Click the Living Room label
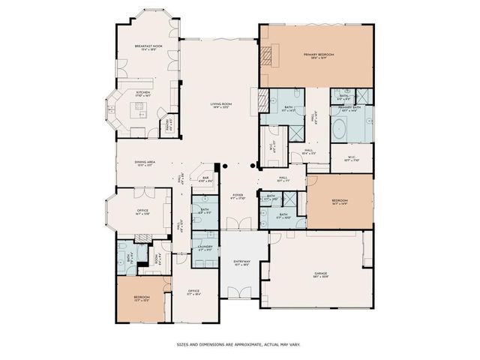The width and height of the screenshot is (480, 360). [x=220, y=105]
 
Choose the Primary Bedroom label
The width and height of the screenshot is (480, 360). [x=317, y=55]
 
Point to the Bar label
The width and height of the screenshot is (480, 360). [x=205, y=179]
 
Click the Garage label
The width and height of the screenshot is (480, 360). [x=320, y=274]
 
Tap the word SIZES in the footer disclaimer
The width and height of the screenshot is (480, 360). [x=183, y=344]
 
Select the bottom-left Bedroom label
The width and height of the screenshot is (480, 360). [x=141, y=298]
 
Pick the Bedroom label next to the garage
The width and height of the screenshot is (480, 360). [x=340, y=201]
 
